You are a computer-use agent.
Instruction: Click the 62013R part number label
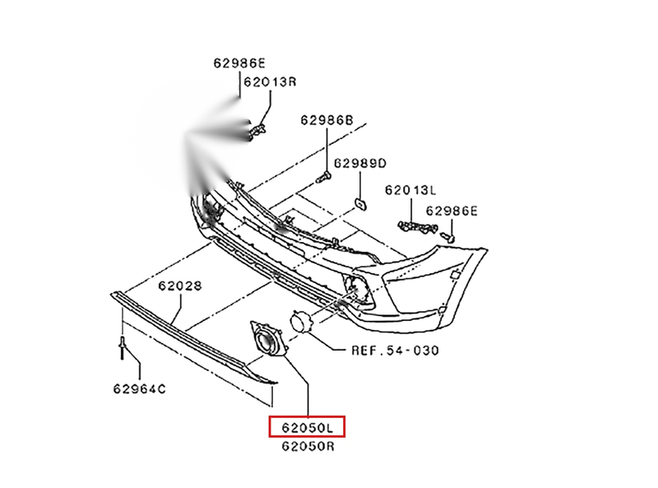point(270,81)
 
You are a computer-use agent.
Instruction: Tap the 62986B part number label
point(327,120)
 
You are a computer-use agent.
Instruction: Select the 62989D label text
point(360,163)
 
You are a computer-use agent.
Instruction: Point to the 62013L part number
point(410,190)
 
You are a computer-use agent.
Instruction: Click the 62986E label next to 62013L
point(452,211)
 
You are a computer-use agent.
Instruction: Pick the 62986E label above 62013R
point(239,63)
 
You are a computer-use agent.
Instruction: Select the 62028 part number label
point(180,286)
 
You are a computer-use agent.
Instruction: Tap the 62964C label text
point(139,389)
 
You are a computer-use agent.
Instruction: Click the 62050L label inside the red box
point(307,428)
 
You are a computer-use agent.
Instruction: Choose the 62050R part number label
point(308,446)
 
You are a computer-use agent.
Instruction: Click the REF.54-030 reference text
point(395,351)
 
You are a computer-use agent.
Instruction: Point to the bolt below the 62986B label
point(323,177)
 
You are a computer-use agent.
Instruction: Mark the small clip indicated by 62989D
point(360,204)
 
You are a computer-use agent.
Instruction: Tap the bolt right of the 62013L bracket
point(447,236)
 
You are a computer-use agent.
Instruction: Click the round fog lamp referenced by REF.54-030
point(301,322)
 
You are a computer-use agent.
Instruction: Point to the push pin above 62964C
point(122,347)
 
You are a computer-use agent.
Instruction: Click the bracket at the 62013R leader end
point(257,131)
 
